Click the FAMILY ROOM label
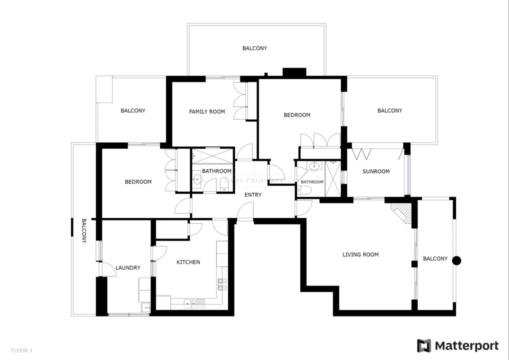click(x=207, y=111)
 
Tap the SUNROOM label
click(x=376, y=171)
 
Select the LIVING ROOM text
click(x=360, y=254)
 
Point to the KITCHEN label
click(x=188, y=262)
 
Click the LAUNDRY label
click(x=128, y=268)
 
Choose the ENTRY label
click(x=253, y=195)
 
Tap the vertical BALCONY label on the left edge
click(x=84, y=230)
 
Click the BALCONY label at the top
click(x=254, y=48)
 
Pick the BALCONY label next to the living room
click(x=435, y=258)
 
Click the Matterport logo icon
click(x=424, y=345)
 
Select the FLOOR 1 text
click(x=22, y=350)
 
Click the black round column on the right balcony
click(x=456, y=260)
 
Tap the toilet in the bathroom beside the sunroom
click(x=304, y=190)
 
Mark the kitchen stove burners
click(x=221, y=284)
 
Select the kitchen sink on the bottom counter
click(x=189, y=303)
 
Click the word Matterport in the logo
click(x=466, y=345)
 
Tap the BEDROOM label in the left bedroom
click(x=138, y=182)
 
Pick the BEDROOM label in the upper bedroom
click(x=297, y=115)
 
